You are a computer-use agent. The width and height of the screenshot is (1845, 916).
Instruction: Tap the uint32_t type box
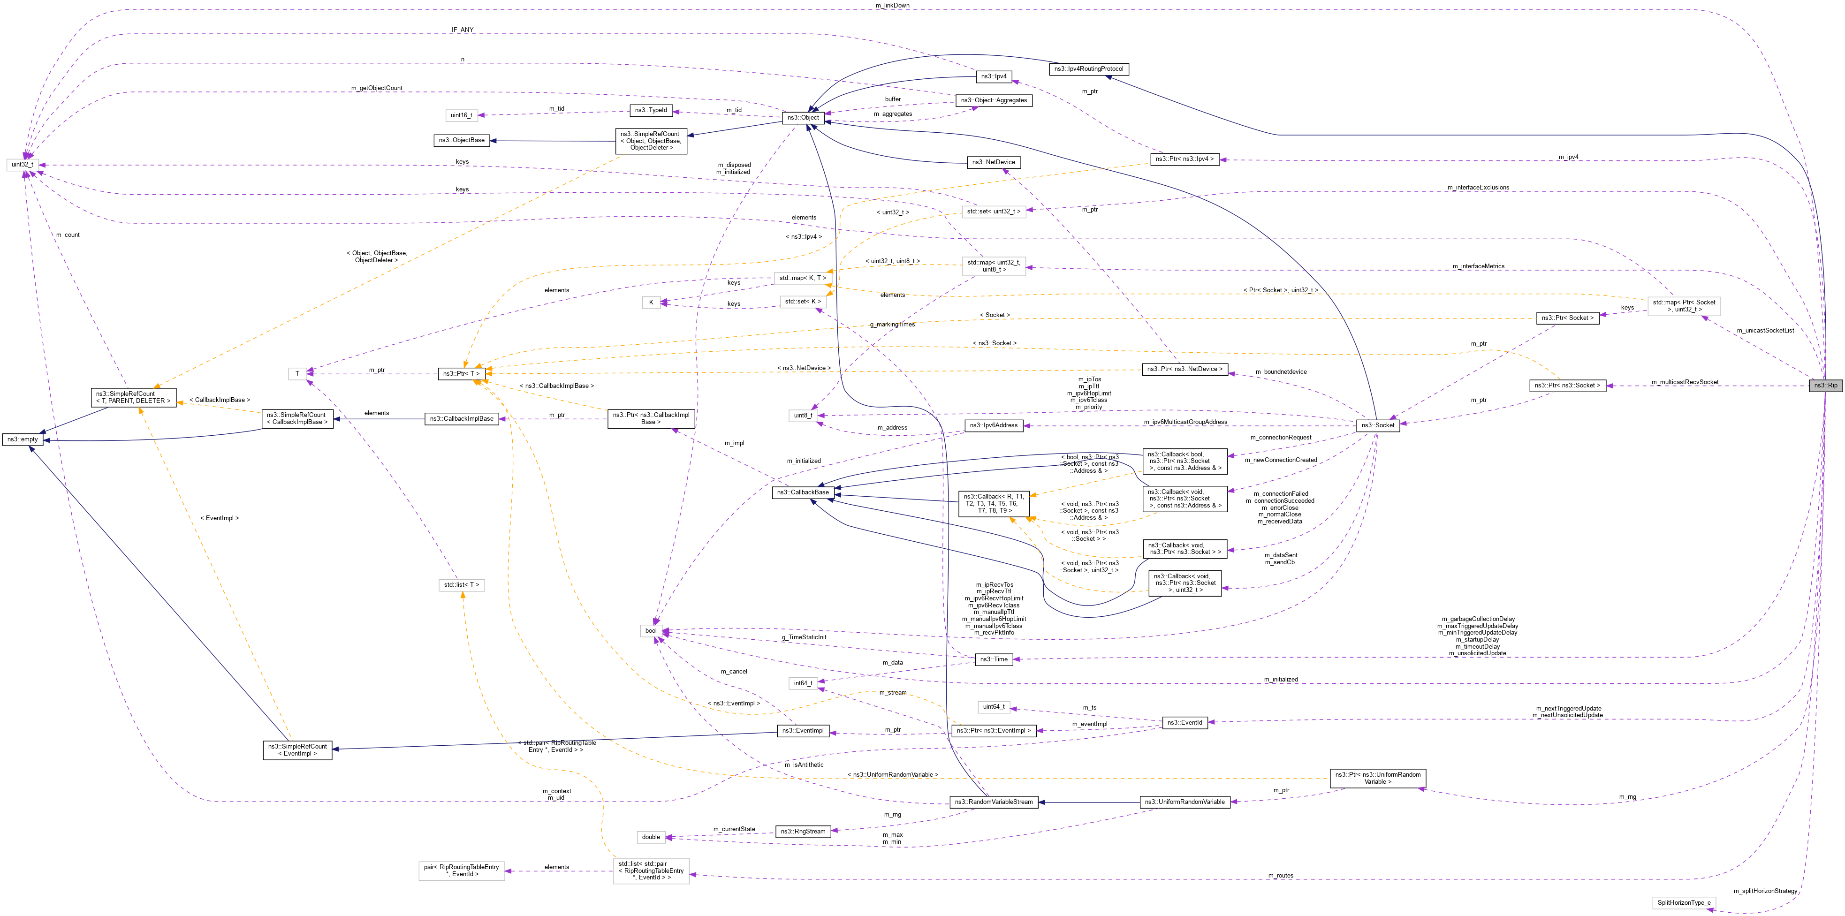[x=22, y=165]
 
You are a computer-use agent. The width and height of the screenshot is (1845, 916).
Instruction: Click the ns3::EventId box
[x=1184, y=723]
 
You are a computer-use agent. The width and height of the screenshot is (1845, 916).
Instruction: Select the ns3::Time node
[x=994, y=659]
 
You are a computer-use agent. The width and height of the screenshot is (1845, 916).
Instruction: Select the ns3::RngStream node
[x=803, y=832]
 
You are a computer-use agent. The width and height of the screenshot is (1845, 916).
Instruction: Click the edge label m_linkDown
[x=892, y=6]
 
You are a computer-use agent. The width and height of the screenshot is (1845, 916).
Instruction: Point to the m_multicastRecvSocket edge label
[x=1685, y=382]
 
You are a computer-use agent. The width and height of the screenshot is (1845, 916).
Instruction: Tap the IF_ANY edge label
[x=462, y=30]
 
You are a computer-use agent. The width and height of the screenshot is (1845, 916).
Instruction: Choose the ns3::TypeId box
[x=650, y=110]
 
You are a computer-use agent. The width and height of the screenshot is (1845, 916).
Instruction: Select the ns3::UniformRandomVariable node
[x=1184, y=802]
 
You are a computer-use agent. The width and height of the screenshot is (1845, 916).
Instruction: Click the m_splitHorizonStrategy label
[x=1765, y=891]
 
